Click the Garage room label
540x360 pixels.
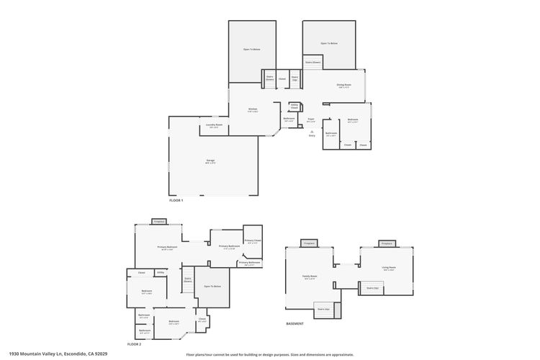pos(210,161)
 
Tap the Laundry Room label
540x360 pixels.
pos(214,126)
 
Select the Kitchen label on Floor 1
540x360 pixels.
pos(252,110)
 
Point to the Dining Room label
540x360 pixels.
pos(343,86)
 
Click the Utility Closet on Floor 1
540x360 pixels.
pos(294,106)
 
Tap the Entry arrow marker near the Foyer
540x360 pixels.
pos(311,132)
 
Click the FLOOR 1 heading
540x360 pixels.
pos(176,200)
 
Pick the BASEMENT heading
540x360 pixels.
pos(295,324)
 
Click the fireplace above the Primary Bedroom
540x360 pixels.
pos(158,221)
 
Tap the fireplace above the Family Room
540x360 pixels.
pos(309,244)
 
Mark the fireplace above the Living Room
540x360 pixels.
pos(387,244)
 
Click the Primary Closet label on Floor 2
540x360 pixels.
pos(252,241)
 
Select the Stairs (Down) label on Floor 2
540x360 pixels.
pos(187,279)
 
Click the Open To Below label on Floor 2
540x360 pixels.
pos(212,287)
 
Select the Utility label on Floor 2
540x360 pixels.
pos(161,273)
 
